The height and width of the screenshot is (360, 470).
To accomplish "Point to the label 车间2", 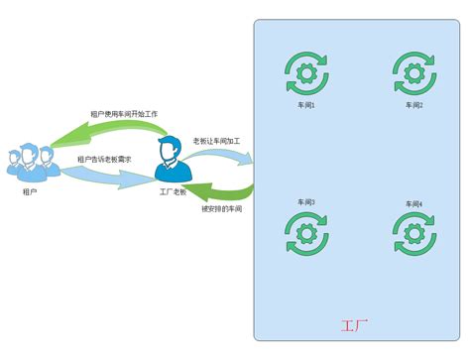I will [x=413, y=105].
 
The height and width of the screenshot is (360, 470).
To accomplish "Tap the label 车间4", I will [x=413, y=203].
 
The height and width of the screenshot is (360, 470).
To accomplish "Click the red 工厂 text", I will [x=354, y=324].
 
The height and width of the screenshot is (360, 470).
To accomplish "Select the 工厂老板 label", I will [x=172, y=190].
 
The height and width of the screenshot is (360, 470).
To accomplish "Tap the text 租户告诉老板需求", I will [x=104, y=159].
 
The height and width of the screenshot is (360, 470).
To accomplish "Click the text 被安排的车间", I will [x=221, y=209].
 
